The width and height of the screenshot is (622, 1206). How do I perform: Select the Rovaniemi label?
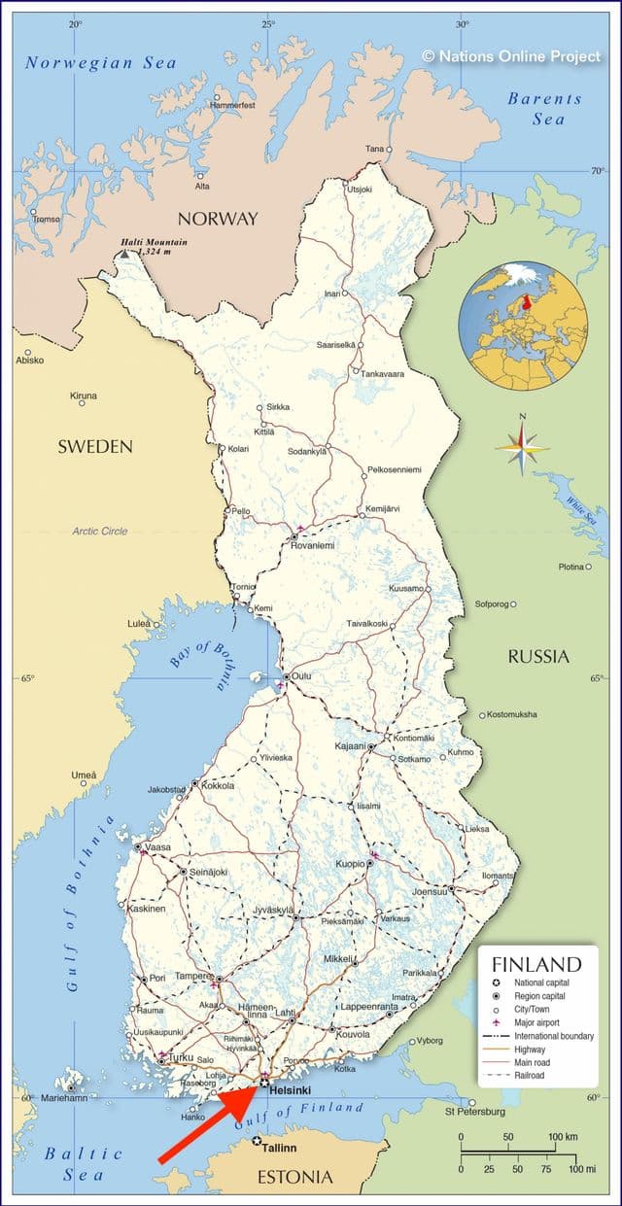[312, 545]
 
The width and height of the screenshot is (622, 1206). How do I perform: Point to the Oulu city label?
[302, 676]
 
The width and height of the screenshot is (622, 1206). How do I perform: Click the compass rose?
[522, 446]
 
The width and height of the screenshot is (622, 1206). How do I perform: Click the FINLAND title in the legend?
[536, 965]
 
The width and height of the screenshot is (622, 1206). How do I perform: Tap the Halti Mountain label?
[155, 242]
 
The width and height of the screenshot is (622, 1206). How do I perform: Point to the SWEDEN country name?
[94, 446]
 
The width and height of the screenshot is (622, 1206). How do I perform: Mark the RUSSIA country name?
[538, 657]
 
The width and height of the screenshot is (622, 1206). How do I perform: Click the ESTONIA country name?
[294, 1177]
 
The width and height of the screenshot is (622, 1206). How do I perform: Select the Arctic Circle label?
[99, 531]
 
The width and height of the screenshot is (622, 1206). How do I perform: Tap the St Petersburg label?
[474, 1111]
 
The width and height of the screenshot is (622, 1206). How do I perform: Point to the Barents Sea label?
[545, 108]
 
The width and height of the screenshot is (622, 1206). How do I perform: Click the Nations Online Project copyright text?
[511, 56]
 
